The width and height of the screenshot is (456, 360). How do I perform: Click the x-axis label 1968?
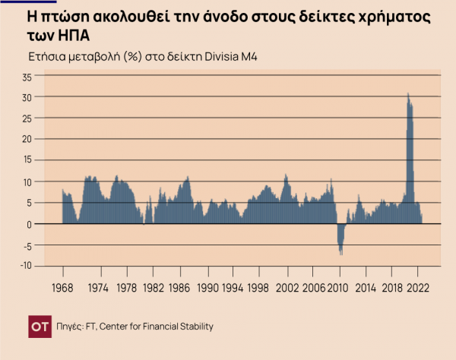[62, 289]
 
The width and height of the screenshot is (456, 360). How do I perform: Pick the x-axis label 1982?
[154, 289]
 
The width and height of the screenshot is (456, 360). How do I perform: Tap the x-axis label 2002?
[287, 289]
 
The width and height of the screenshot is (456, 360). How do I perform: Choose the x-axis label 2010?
[340, 289]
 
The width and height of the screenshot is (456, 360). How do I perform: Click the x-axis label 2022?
[419, 289]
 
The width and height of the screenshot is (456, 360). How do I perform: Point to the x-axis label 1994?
[233, 289]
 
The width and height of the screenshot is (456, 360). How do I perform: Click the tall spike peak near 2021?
[408, 94]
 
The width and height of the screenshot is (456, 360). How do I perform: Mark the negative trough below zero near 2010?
[340, 253]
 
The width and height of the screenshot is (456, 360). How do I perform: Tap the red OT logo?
[40, 326]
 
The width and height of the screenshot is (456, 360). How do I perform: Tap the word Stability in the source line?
[193, 326]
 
